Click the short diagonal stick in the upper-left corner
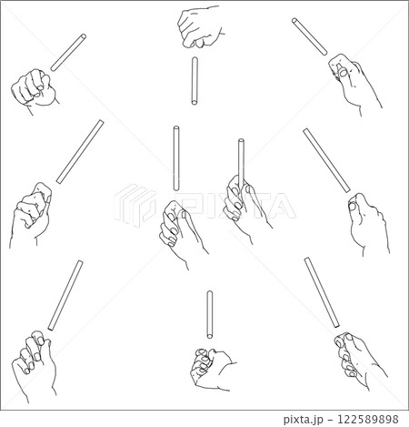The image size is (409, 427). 68,53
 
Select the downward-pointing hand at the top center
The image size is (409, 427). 200,27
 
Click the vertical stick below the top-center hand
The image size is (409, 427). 195,81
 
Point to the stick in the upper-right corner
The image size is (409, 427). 310,36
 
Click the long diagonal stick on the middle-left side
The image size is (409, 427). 80,152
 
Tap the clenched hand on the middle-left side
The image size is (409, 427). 30,214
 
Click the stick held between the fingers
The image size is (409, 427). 241,164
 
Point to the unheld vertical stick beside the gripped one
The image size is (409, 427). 176,158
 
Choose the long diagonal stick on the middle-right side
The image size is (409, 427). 327,160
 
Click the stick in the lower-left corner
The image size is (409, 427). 65,295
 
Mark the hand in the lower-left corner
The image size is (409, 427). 34,364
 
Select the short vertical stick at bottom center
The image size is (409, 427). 210,314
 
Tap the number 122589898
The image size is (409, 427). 368,419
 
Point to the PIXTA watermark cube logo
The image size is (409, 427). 135,205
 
